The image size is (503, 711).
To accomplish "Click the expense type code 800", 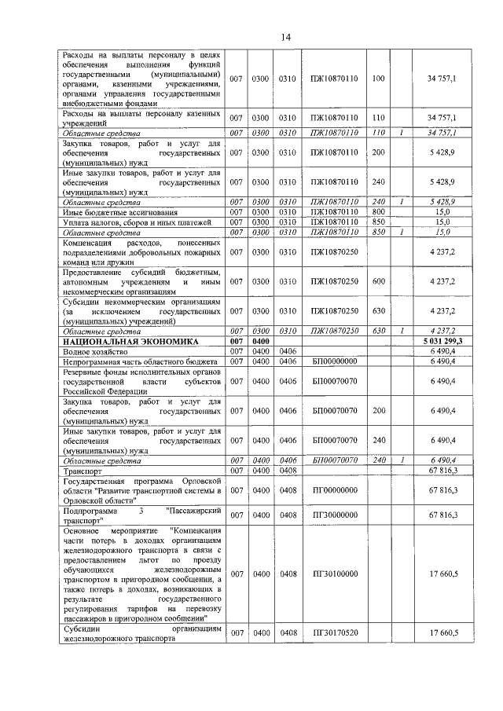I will point(378,212).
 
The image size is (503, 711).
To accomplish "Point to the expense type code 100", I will point(378,79).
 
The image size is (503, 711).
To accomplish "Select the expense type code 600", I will point(378,281).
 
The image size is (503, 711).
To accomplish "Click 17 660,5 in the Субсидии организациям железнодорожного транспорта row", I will point(443,633).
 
